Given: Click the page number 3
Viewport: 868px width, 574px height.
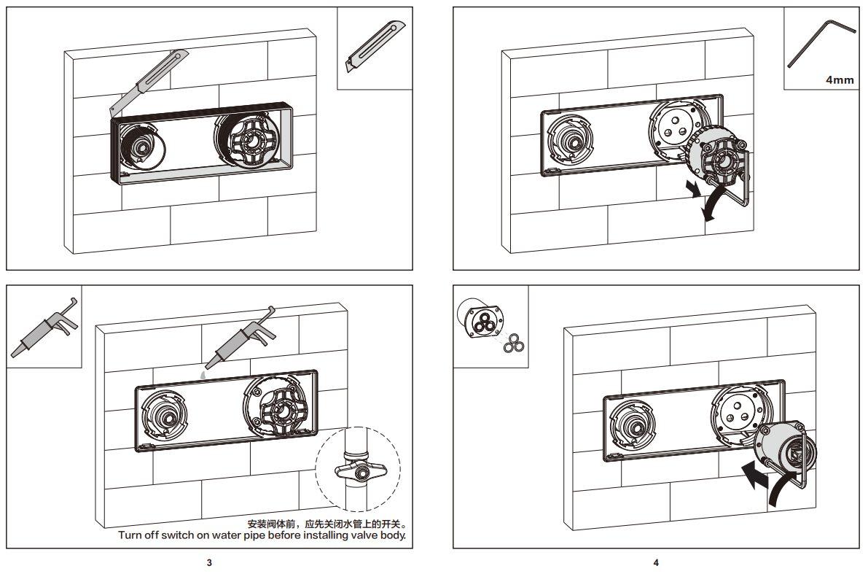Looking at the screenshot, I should tap(209, 562).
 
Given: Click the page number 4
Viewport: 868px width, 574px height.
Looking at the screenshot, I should tap(656, 562).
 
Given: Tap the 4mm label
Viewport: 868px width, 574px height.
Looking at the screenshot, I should tap(840, 79).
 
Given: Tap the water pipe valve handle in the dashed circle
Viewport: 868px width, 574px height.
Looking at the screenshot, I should tap(358, 472).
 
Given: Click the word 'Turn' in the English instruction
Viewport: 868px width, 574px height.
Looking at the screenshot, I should tap(131, 535).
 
